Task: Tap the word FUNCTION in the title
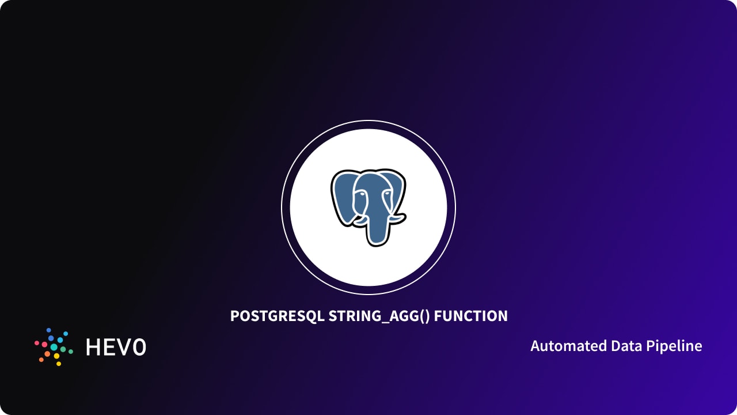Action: pyautogui.click(x=470, y=316)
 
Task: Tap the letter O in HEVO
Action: pyautogui.click(x=138, y=347)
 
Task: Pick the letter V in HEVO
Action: pyautogui.click(x=123, y=347)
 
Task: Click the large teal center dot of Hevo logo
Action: pyautogui.click(x=54, y=347)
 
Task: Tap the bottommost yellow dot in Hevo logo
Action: pyautogui.click(x=58, y=364)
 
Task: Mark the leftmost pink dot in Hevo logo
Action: pyautogui.click(x=37, y=343)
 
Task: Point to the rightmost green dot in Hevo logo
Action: pyautogui.click(x=71, y=350)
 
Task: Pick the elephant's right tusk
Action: pyautogui.click(x=396, y=218)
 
